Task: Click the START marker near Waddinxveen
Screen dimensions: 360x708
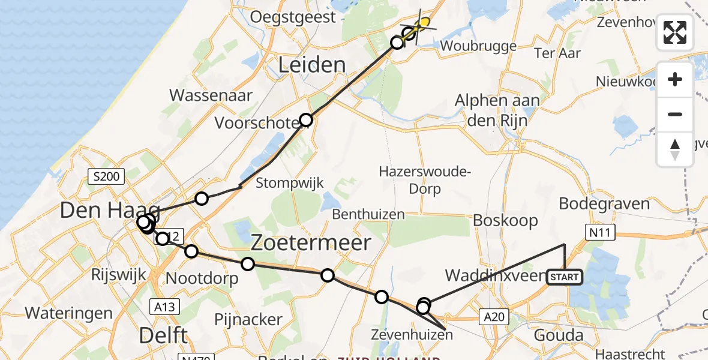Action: tap(564, 277)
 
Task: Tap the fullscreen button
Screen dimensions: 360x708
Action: tap(675, 32)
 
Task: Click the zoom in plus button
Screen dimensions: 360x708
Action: tap(675, 79)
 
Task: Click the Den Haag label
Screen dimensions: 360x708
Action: tap(110, 211)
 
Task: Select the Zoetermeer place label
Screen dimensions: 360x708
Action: tap(311, 243)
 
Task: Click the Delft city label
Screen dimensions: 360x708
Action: tap(163, 335)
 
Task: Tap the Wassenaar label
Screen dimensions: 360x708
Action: tap(211, 95)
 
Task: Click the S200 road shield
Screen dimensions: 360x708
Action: tap(106, 176)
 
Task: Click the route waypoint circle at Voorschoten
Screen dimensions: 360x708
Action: tap(306, 119)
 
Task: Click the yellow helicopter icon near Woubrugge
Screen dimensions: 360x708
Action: tap(424, 23)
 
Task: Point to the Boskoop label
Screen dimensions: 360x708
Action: tap(505, 220)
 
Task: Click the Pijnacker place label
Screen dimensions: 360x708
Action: tap(248, 319)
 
